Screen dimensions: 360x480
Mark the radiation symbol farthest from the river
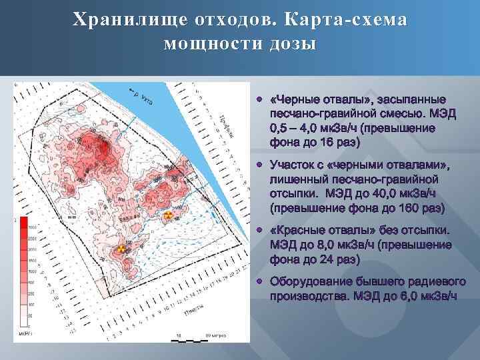click(x=121, y=249)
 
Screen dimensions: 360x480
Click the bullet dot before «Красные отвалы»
click(x=260, y=231)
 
